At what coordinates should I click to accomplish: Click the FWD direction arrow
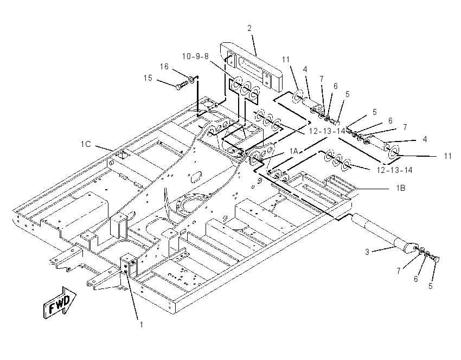click(60, 303)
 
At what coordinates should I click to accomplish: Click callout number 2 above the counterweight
click(249, 28)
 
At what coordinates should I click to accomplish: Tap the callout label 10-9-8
click(195, 56)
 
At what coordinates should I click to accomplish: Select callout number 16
click(164, 67)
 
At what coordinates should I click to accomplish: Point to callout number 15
click(148, 78)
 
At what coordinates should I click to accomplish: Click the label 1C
click(86, 144)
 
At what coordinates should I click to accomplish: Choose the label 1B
click(400, 188)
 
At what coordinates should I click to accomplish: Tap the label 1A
click(294, 151)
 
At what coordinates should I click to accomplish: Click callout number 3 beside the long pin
click(367, 252)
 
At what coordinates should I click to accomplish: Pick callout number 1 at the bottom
click(141, 325)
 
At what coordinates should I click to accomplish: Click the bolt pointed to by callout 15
click(181, 86)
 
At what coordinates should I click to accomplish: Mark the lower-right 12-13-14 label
click(394, 170)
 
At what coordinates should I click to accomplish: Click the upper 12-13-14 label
click(327, 131)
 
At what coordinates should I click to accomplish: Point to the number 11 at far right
click(447, 156)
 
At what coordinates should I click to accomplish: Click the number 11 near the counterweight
click(286, 60)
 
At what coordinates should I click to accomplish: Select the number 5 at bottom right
click(431, 286)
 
